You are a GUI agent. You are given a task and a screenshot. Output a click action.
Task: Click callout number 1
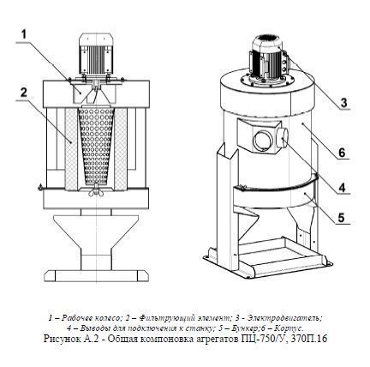coord(24,34)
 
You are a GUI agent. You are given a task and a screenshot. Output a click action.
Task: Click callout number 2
coord(24,93)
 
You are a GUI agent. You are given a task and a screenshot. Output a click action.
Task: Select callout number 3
coord(343,102)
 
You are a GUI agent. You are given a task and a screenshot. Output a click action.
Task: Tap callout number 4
coord(343,188)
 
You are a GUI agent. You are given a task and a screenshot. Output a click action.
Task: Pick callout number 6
coord(342,153)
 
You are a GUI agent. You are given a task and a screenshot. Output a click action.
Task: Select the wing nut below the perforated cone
coord(96,192)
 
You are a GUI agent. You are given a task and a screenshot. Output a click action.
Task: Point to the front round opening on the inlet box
coord(263,141)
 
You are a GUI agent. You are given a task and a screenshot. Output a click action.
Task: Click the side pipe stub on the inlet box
coord(282,138)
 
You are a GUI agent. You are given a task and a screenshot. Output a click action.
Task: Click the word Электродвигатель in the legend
coord(285,317)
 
